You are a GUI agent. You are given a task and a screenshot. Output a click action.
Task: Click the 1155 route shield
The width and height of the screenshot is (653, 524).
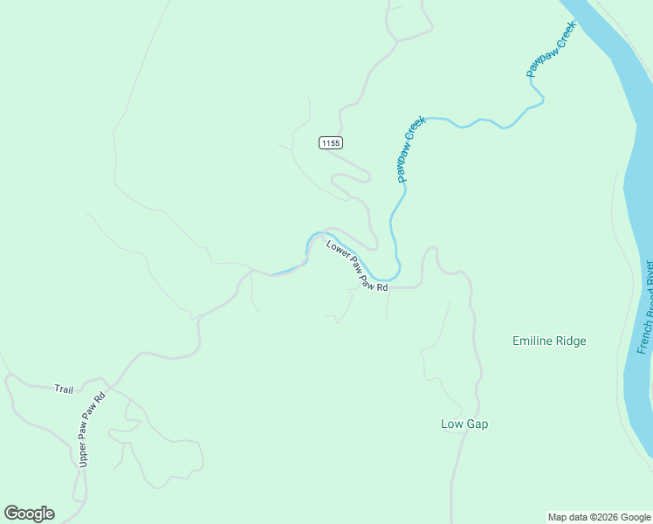pos(330,142)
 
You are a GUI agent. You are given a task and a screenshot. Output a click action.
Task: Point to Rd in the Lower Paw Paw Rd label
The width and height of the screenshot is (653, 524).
pos(382,286)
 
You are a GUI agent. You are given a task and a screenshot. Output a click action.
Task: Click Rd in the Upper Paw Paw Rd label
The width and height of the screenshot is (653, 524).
pos(101,399)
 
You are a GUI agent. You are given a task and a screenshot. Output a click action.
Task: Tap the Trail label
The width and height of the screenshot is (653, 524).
pos(64,389)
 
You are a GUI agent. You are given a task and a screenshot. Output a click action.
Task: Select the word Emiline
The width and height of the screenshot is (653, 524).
pos(532,341)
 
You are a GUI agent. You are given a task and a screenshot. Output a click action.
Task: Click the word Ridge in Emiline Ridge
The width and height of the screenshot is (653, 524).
pos(570,341)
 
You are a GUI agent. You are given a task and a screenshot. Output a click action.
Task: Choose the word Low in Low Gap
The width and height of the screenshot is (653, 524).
pos(450,424)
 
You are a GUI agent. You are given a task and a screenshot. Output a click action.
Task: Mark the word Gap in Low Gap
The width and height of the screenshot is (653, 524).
pos(477,424)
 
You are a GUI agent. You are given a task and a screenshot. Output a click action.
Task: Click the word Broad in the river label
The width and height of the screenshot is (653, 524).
pos(647,304)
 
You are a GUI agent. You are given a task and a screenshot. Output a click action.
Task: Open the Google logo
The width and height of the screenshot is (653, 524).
pos(30,514)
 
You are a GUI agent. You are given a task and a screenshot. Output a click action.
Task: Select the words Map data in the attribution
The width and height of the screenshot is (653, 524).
pos(562,517)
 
